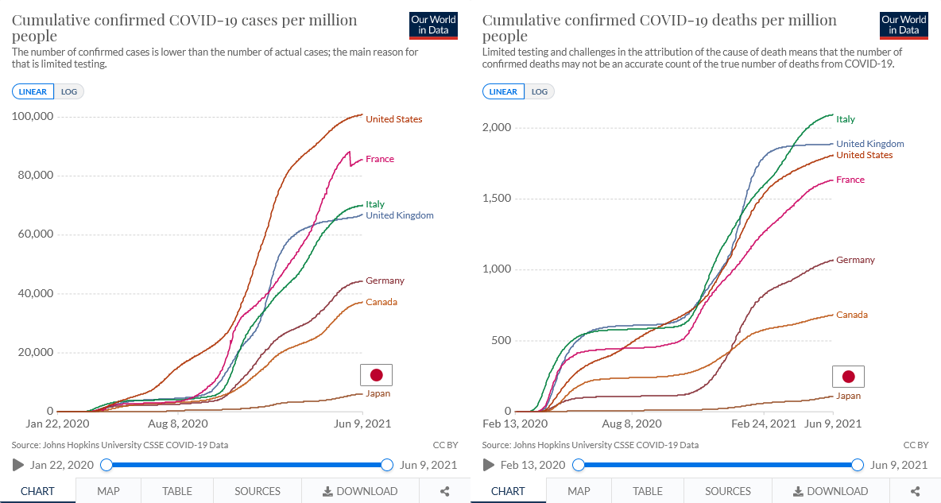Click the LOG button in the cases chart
click(69, 91)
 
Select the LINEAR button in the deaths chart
click(503, 91)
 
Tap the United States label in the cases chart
click(393, 119)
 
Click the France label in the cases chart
click(379, 159)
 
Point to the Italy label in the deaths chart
click(846, 119)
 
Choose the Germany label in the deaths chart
click(855, 260)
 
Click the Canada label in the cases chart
click(381, 302)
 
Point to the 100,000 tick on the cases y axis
click(33, 117)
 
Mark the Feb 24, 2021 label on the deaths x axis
click(763, 424)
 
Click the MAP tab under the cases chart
click(108, 491)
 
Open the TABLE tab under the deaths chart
click(648, 491)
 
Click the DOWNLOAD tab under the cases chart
click(361, 491)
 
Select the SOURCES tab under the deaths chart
click(728, 491)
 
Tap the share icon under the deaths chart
click(915, 491)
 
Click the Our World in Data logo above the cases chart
click(433, 25)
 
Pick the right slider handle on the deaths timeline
click(858, 465)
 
